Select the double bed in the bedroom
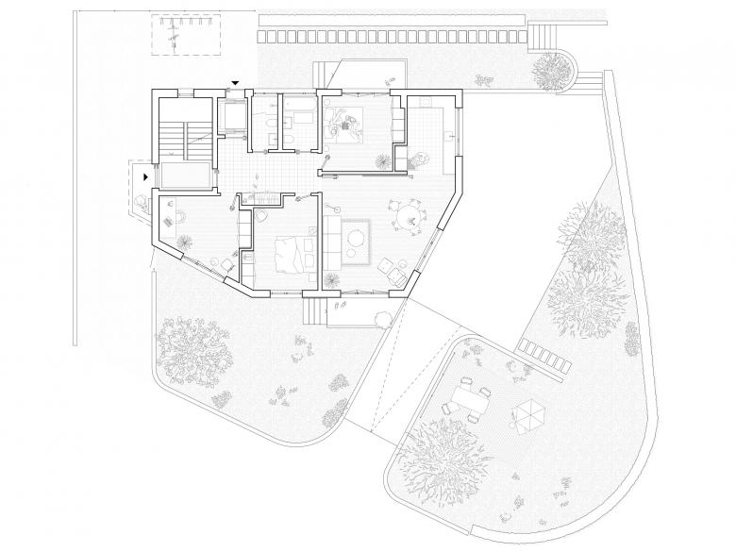[x=294, y=252]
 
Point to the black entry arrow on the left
[x=145, y=176]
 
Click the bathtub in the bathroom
[x=305, y=121]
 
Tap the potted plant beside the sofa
[x=332, y=280]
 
